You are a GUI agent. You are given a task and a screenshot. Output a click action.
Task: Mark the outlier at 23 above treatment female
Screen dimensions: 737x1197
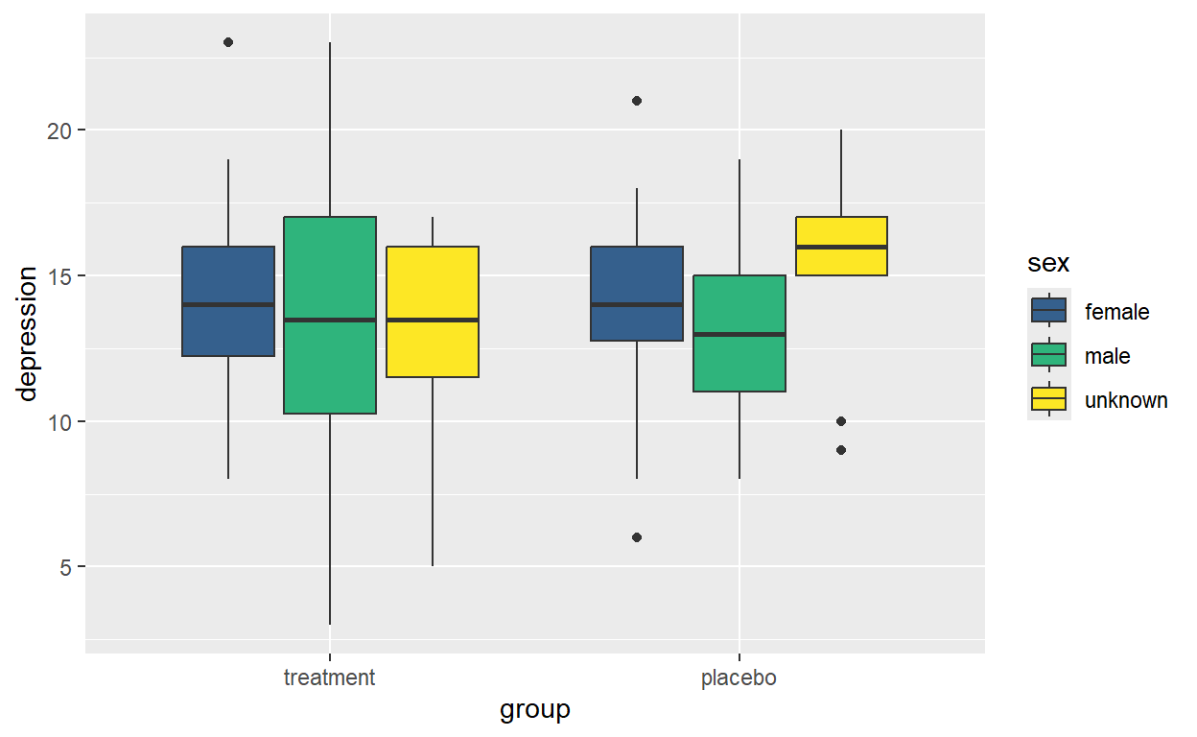228,42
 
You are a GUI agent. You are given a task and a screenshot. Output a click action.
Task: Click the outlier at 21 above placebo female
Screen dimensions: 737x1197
637,101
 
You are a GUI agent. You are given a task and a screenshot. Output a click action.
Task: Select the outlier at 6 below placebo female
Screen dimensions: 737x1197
637,537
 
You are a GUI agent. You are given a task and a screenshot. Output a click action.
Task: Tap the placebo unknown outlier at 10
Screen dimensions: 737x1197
841,421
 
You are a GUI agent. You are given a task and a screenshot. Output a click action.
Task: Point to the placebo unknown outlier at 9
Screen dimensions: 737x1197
841,450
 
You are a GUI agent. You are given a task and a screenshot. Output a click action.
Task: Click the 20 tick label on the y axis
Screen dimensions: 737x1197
59,131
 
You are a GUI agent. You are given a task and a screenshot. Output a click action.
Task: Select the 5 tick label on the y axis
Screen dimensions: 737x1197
65,567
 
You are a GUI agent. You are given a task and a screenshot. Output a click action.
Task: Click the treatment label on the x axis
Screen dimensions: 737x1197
329,678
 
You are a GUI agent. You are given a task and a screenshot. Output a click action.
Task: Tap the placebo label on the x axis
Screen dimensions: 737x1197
739,678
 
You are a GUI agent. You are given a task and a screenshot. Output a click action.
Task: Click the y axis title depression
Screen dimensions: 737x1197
28,334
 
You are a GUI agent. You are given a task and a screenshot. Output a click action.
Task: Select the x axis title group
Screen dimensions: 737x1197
534,710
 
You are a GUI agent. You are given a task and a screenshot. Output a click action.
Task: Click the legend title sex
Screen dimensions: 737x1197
1048,263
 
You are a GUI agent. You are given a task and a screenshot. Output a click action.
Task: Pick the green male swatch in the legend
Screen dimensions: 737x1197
1049,355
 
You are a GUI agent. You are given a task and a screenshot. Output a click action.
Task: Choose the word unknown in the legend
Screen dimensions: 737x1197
1126,400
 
